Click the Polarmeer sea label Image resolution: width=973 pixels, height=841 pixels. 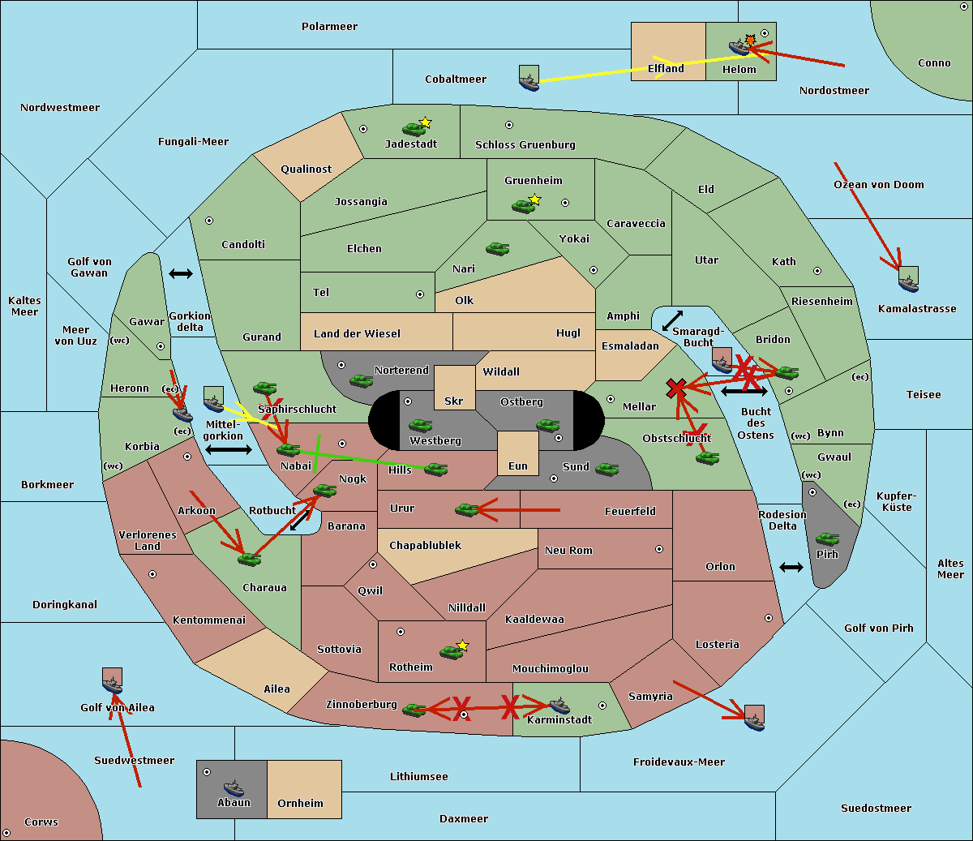(329, 27)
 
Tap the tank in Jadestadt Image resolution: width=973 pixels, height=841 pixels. (414, 128)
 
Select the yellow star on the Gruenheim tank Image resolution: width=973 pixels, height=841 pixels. (534, 199)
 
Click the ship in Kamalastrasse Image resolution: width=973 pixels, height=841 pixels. (908, 281)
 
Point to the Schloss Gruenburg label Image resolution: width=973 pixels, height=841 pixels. (525, 145)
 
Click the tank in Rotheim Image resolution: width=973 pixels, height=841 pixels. (451, 651)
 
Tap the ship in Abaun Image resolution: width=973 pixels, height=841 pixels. (234, 787)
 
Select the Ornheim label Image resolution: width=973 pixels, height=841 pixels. (300, 804)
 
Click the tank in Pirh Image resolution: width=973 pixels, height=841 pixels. (827, 538)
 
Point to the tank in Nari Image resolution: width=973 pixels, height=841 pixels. (497, 249)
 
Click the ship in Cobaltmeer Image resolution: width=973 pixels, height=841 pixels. (529, 79)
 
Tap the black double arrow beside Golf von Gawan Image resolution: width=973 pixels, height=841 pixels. (181, 273)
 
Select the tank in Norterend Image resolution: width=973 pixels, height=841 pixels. (361, 380)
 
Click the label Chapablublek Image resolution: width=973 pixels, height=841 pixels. (425, 546)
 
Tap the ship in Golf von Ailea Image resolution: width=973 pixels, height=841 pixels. (113, 684)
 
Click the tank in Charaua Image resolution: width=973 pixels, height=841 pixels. (250, 559)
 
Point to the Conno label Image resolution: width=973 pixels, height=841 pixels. (934, 63)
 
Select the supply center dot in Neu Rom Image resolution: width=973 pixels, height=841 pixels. (659, 549)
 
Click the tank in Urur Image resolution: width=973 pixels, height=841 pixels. (466, 509)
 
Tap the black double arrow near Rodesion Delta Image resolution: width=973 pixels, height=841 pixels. (791, 567)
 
